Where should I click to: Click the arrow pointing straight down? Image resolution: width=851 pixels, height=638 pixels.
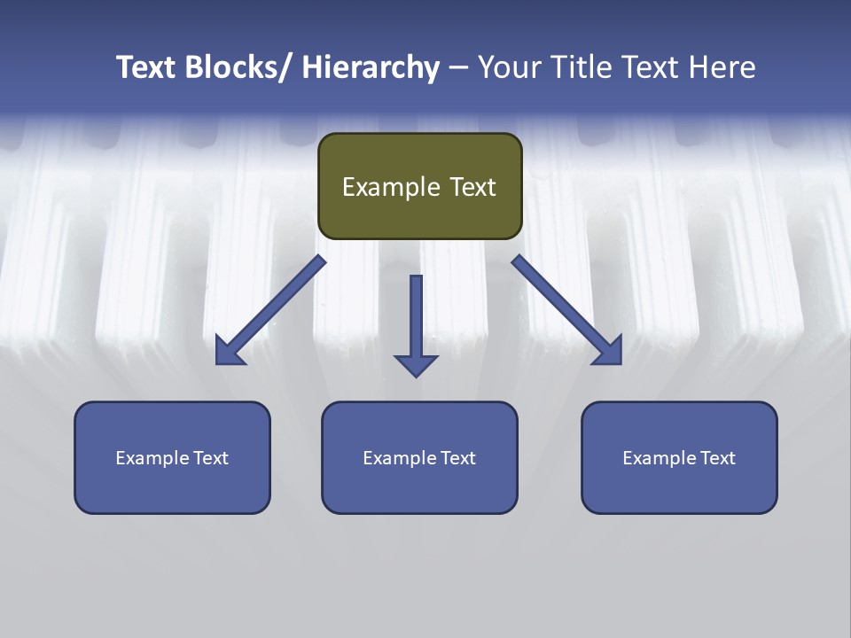click(416, 323)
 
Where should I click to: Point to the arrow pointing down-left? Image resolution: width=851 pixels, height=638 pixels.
click(270, 311)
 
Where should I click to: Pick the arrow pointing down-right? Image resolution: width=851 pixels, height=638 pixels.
click(567, 311)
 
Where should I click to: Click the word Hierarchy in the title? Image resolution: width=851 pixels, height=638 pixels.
click(370, 67)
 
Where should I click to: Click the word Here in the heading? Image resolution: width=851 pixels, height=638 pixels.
click(722, 67)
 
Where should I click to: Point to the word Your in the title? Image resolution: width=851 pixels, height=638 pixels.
click(509, 67)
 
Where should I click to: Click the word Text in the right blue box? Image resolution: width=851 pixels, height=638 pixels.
click(717, 458)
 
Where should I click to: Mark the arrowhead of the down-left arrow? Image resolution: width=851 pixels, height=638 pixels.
click(230, 351)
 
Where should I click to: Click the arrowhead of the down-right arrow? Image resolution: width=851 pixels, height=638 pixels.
click(608, 351)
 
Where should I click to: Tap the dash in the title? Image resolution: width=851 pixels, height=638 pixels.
click(458, 67)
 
